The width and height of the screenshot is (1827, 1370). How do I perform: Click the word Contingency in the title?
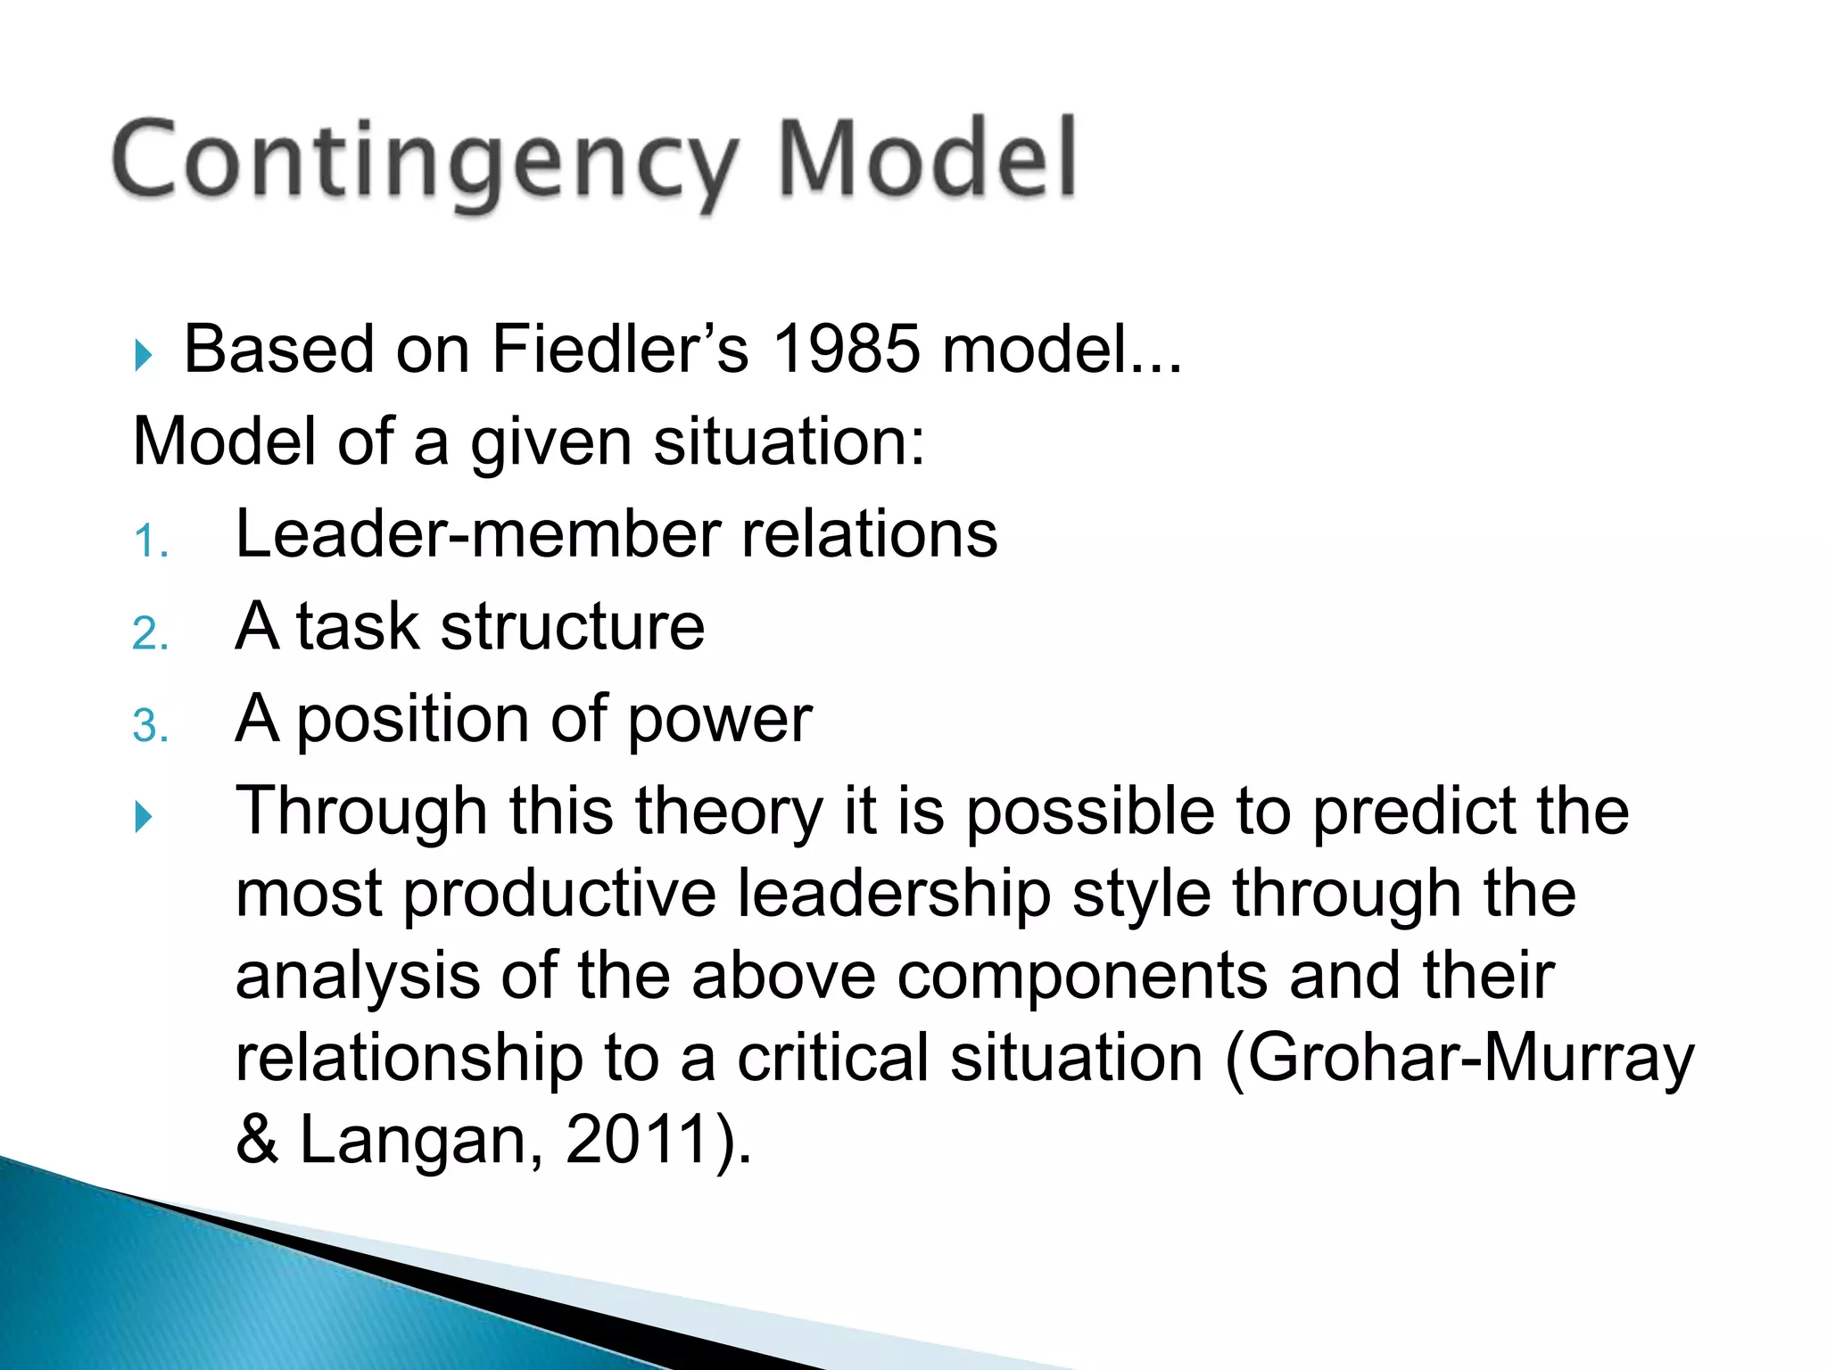424,161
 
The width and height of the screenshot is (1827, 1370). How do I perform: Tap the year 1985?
845,349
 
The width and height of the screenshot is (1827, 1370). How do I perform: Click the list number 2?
148,634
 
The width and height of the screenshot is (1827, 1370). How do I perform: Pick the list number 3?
148,726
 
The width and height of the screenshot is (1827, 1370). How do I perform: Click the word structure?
572,626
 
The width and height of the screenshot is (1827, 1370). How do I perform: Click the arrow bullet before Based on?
144,355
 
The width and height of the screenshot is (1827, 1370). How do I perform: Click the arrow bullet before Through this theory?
144,816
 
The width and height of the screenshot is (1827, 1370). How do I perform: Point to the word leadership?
893,894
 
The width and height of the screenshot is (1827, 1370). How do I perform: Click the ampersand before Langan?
257,1141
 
